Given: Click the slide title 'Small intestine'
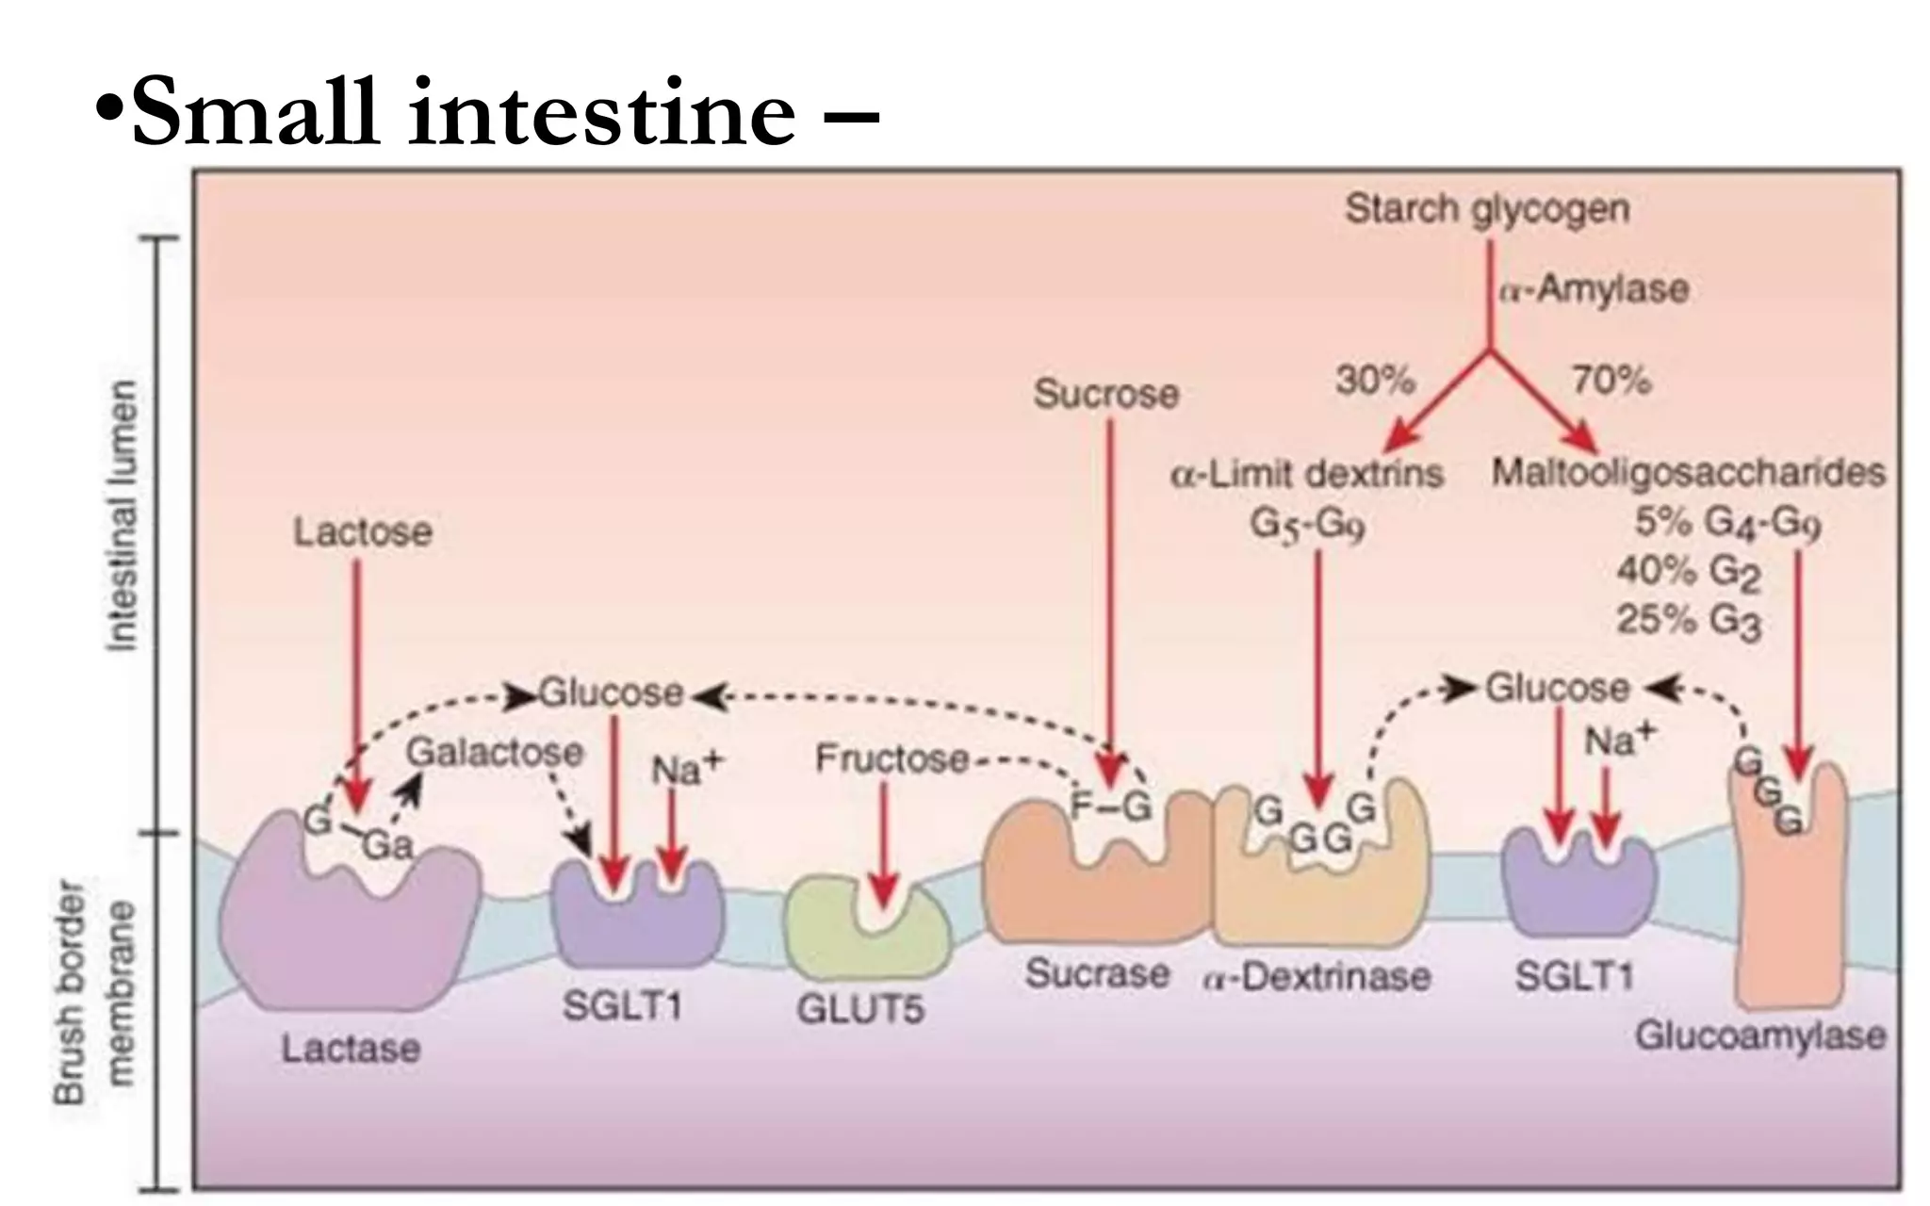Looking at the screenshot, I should (x=462, y=113).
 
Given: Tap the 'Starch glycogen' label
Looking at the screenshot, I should (x=1487, y=208).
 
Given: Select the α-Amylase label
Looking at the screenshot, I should (x=1594, y=288).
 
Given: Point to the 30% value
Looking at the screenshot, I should (x=1375, y=381).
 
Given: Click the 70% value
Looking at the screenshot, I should (x=1611, y=381).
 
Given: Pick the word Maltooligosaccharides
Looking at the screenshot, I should (x=1688, y=472).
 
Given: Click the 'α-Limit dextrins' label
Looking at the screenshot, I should (x=1307, y=473).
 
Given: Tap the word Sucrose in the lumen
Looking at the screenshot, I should (x=1106, y=394).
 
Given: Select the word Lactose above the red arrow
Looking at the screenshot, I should (x=363, y=532).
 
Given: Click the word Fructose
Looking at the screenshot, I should (x=891, y=758).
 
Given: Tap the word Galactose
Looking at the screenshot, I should (x=495, y=752).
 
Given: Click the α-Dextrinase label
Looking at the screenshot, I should (x=1317, y=977).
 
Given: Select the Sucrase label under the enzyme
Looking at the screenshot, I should (x=1097, y=973).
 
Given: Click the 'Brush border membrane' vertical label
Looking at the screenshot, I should (x=94, y=991).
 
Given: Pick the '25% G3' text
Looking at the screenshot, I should (x=1688, y=621).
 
